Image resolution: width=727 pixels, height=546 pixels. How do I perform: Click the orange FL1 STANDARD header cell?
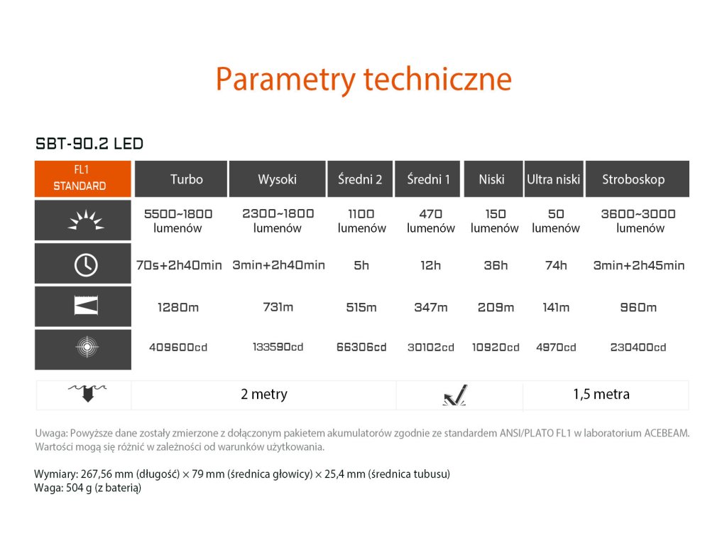click(83, 178)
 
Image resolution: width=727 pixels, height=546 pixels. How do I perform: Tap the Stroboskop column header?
click(638, 178)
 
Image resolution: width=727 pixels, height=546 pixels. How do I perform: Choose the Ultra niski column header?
click(554, 178)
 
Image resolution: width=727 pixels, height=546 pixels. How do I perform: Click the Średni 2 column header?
click(360, 178)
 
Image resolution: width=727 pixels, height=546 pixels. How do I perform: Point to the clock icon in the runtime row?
click(86, 265)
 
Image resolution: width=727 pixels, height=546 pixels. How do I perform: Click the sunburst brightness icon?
click(86, 220)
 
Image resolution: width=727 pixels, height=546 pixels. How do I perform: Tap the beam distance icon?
click(86, 306)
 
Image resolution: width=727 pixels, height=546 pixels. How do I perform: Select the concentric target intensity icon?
click(87, 347)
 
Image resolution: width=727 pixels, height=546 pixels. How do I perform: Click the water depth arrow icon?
click(87, 392)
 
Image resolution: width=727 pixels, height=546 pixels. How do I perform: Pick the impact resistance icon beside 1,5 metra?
click(455, 395)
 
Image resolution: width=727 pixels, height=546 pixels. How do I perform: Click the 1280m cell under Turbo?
click(178, 307)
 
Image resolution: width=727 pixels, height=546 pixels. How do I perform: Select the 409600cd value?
click(178, 347)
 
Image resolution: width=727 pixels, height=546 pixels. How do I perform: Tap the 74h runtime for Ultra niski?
click(556, 266)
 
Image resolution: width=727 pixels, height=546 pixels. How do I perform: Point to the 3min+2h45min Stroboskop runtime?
click(639, 266)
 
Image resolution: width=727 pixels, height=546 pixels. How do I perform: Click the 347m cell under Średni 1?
click(431, 307)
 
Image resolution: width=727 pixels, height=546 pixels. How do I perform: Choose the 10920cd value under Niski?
click(496, 347)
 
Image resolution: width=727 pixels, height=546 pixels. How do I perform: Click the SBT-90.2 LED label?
click(89, 144)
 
